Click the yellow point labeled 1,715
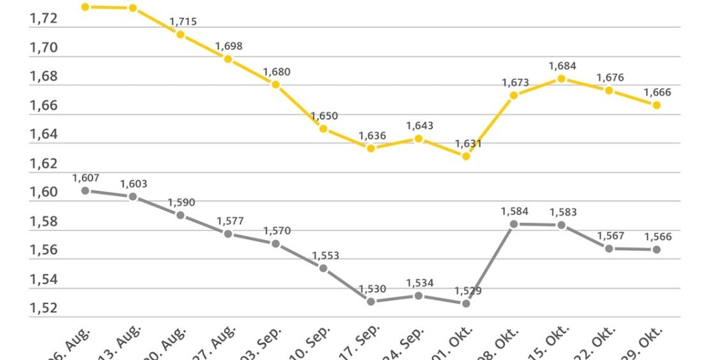pyautogui.click(x=180, y=34)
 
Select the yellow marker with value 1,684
pyautogui.click(x=561, y=79)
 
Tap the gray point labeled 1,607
pyautogui.click(x=85, y=190)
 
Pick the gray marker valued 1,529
pyautogui.click(x=466, y=303)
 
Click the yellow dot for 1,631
pyautogui.click(x=466, y=156)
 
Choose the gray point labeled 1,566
pyautogui.click(x=656, y=250)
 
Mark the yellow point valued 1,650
pyautogui.click(x=324, y=129)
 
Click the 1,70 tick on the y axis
pyautogui.click(x=43, y=47)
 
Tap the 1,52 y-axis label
pyautogui.click(x=43, y=308)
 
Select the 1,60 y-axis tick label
pyautogui.click(x=43, y=192)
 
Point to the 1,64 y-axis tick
pyautogui.click(x=43, y=134)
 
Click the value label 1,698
pyautogui.click(x=229, y=47)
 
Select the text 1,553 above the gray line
pyautogui.click(x=326, y=256)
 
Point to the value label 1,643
pyautogui.click(x=419, y=126)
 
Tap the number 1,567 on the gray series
pyautogui.click(x=611, y=236)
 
